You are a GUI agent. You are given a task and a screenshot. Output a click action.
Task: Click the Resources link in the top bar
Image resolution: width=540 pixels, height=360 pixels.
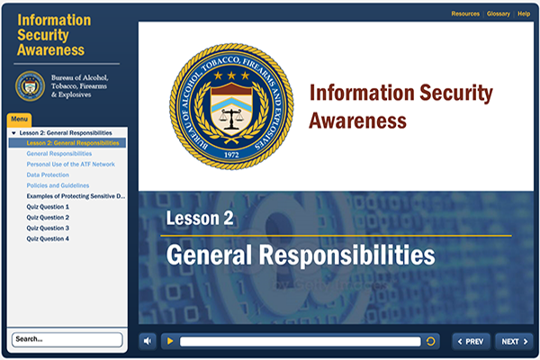(x=465, y=14)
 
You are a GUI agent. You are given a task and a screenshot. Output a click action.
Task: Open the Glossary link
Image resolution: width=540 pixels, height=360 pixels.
(x=498, y=14)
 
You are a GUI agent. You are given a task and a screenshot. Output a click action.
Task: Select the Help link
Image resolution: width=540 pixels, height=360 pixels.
(x=524, y=14)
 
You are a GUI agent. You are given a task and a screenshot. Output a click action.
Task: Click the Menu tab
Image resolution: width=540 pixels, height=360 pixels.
(x=19, y=120)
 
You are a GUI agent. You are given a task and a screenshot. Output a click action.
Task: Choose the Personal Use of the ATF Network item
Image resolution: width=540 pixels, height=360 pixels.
(x=71, y=164)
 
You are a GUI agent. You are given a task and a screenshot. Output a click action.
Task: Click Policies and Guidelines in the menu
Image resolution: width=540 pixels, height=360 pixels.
(x=58, y=185)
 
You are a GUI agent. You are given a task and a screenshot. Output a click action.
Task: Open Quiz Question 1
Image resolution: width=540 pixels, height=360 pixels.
(x=48, y=207)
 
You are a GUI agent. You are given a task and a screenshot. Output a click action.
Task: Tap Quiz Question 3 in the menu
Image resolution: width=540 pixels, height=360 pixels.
(x=48, y=228)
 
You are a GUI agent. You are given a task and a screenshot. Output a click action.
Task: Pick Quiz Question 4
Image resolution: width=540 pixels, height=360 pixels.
(x=48, y=238)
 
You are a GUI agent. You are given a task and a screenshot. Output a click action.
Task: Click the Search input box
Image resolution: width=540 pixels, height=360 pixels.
(x=67, y=339)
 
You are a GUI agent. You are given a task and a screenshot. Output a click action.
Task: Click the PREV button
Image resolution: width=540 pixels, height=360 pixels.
(x=471, y=341)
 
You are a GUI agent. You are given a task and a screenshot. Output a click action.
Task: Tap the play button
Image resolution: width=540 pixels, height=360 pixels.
(x=168, y=341)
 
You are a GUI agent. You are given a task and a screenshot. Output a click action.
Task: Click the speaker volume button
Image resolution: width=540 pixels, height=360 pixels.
(x=148, y=341)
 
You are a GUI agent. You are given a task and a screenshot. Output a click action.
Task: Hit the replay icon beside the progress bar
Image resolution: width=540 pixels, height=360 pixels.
(x=432, y=341)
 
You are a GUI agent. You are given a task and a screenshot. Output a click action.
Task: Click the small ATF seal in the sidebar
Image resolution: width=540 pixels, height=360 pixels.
(x=30, y=85)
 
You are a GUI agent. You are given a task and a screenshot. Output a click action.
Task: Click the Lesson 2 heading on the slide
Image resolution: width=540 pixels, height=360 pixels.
(x=200, y=219)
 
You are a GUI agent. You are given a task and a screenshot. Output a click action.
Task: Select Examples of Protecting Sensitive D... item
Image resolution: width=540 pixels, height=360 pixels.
(x=76, y=196)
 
